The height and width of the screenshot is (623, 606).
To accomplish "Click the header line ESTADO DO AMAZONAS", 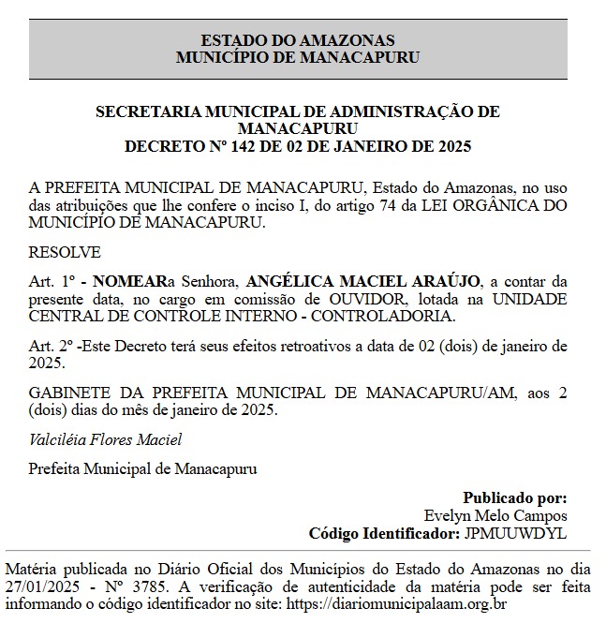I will click(298, 40).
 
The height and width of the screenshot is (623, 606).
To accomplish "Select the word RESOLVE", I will click(65, 253).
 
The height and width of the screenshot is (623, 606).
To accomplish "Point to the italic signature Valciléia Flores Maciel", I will click(105, 439).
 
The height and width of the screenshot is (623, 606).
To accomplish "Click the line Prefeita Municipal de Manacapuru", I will click(142, 467).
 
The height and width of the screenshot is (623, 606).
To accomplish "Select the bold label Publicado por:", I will click(514, 498).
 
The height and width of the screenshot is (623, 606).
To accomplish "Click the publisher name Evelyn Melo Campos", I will click(495, 515).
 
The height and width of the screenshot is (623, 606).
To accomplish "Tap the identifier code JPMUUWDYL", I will click(514, 533).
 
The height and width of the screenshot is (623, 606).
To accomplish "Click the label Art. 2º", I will click(51, 346).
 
